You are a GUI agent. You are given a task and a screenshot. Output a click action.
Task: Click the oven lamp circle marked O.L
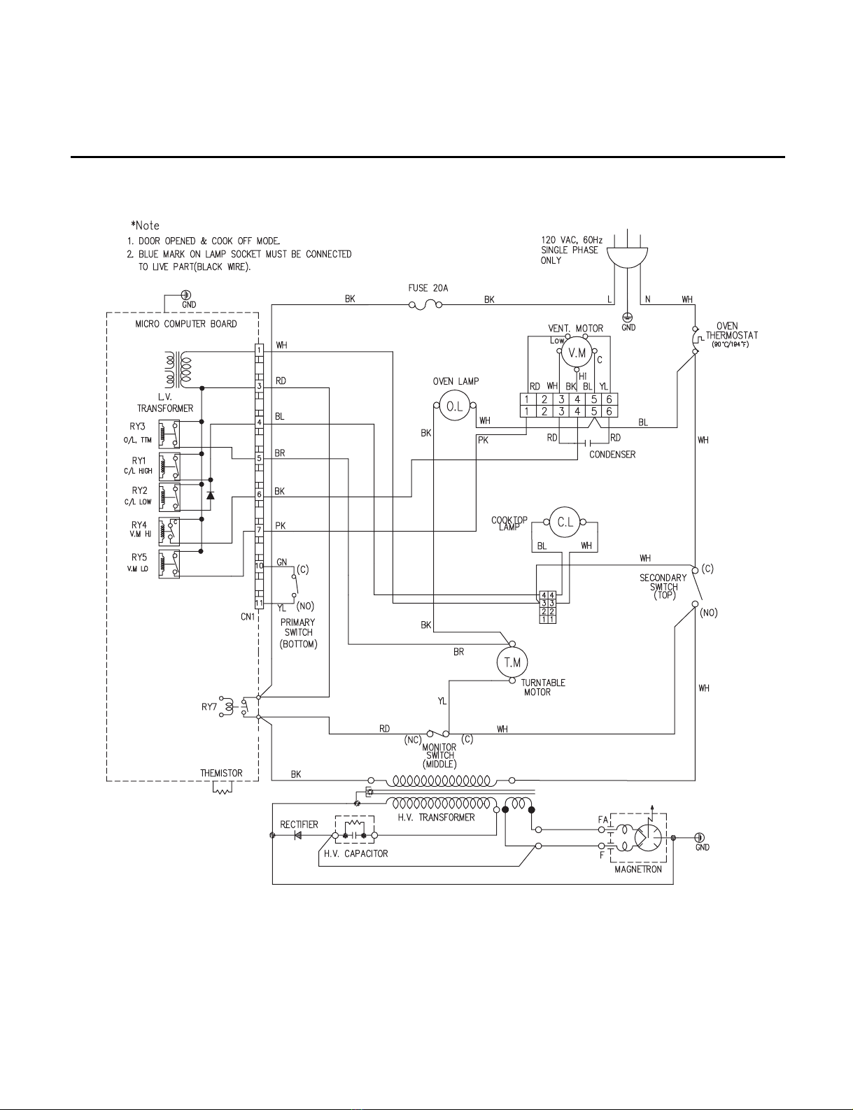454,406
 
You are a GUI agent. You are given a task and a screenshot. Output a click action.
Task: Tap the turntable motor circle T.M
512,662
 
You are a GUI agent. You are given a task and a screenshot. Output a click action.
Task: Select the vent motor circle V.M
577,353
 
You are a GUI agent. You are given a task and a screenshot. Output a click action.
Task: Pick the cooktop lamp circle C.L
565,522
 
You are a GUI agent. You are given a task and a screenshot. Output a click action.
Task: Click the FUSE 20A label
428,288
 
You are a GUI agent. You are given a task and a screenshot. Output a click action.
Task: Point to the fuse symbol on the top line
425,306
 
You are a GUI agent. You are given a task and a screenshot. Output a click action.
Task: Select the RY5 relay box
169,564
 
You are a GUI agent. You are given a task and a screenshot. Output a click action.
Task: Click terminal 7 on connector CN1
259,529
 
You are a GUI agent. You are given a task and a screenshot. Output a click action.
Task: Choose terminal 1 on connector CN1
259,350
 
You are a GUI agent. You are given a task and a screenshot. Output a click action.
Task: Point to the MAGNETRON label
638,869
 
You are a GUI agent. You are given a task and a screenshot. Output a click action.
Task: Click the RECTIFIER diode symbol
297,836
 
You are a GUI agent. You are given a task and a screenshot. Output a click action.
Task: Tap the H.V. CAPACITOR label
355,853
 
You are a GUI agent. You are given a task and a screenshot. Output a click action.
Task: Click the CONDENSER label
612,454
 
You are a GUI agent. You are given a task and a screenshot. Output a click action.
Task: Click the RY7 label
209,708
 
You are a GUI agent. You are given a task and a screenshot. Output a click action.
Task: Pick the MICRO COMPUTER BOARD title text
186,324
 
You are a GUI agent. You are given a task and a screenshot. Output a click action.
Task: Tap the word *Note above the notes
145,225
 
